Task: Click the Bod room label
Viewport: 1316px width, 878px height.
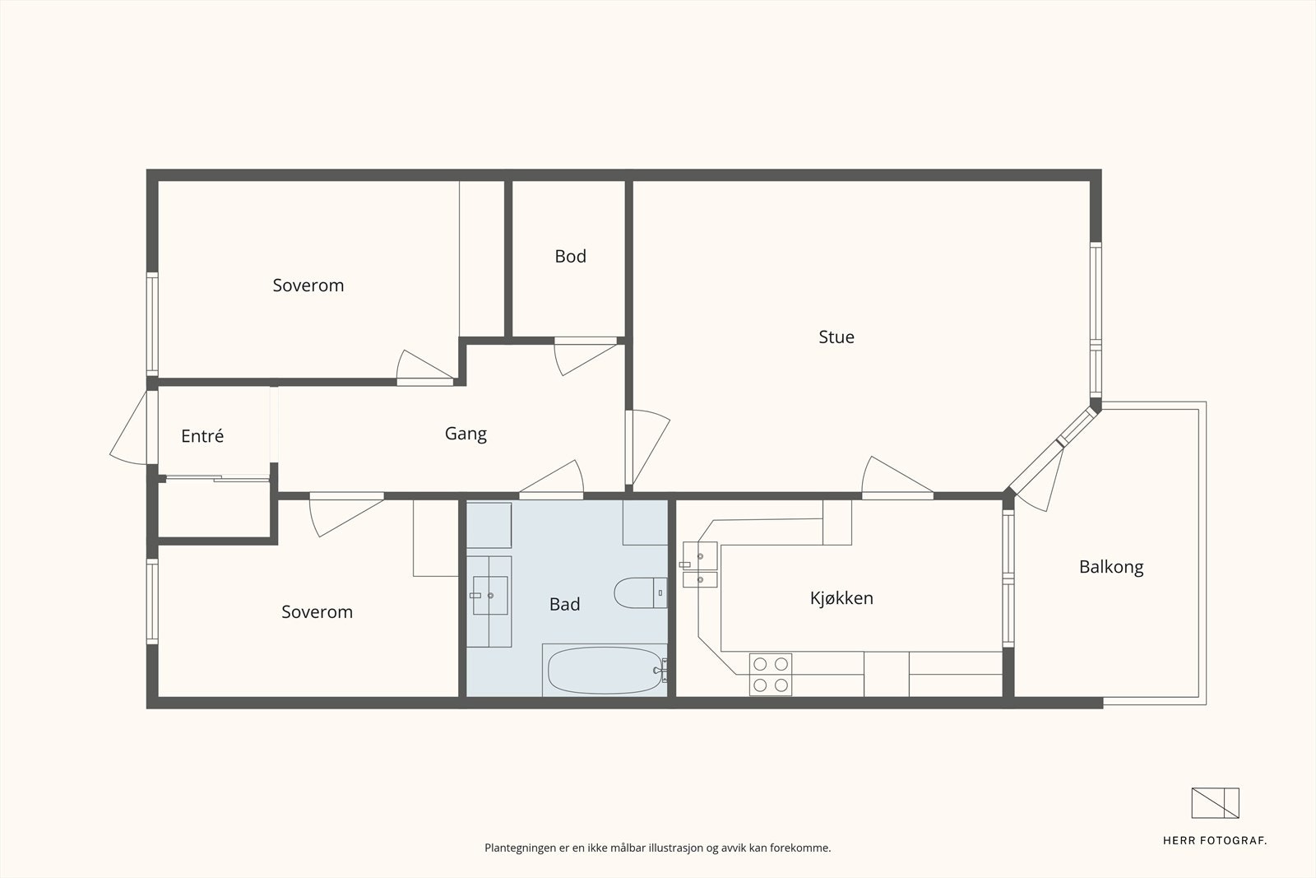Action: click(x=570, y=256)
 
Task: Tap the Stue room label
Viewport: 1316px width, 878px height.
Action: click(x=836, y=337)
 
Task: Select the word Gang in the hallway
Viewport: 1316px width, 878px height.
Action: click(x=466, y=434)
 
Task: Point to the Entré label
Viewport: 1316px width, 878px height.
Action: click(x=202, y=435)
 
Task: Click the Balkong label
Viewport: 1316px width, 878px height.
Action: click(x=1111, y=567)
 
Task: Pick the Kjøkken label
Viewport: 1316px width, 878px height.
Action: click(x=841, y=598)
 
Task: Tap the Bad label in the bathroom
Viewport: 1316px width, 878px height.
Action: click(x=564, y=604)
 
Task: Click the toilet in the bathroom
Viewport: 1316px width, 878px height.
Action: click(x=641, y=593)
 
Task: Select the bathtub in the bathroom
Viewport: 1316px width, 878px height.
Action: click(x=605, y=670)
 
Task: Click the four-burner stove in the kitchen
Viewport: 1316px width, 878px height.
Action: click(x=770, y=675)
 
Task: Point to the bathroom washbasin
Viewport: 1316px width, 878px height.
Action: click(x=490, y=595)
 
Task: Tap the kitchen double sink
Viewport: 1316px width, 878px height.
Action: click(x=699, y=564)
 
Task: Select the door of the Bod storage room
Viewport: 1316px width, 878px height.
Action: click(x=586, y=357)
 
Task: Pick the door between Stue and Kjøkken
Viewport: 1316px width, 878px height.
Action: click(x=897, y=477)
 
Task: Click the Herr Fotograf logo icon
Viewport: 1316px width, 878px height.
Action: click(x=1215, y=803)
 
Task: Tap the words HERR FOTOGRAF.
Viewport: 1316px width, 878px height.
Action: click(x=1214, y=841)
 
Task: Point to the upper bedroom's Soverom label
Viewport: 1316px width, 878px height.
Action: click(x=308, y=286)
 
